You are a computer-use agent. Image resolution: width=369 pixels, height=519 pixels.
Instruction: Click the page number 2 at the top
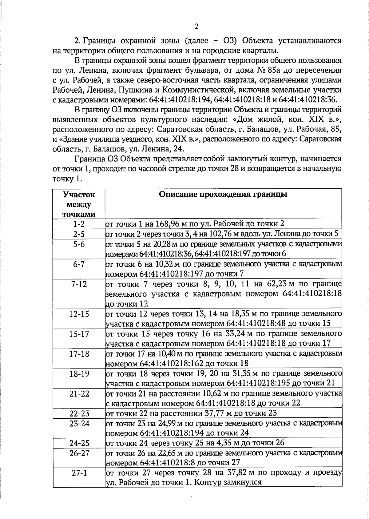click(196, 26)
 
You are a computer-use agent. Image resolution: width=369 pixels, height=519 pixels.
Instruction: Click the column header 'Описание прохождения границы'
click(223, 195)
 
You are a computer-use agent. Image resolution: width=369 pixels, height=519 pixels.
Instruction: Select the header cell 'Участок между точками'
click(79, 204)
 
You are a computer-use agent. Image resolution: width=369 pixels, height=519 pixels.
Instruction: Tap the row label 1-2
click(79, 224)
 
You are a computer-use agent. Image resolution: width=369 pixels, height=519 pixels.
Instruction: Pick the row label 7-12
click(79, 284)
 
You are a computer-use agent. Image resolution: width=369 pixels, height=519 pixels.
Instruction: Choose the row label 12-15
click(79, 314)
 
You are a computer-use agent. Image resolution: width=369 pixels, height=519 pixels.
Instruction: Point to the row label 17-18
click(79, 354)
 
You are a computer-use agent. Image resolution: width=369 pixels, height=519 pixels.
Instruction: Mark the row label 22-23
click(79, 413)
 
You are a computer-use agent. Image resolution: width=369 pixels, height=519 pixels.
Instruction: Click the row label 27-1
click(79, 473)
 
